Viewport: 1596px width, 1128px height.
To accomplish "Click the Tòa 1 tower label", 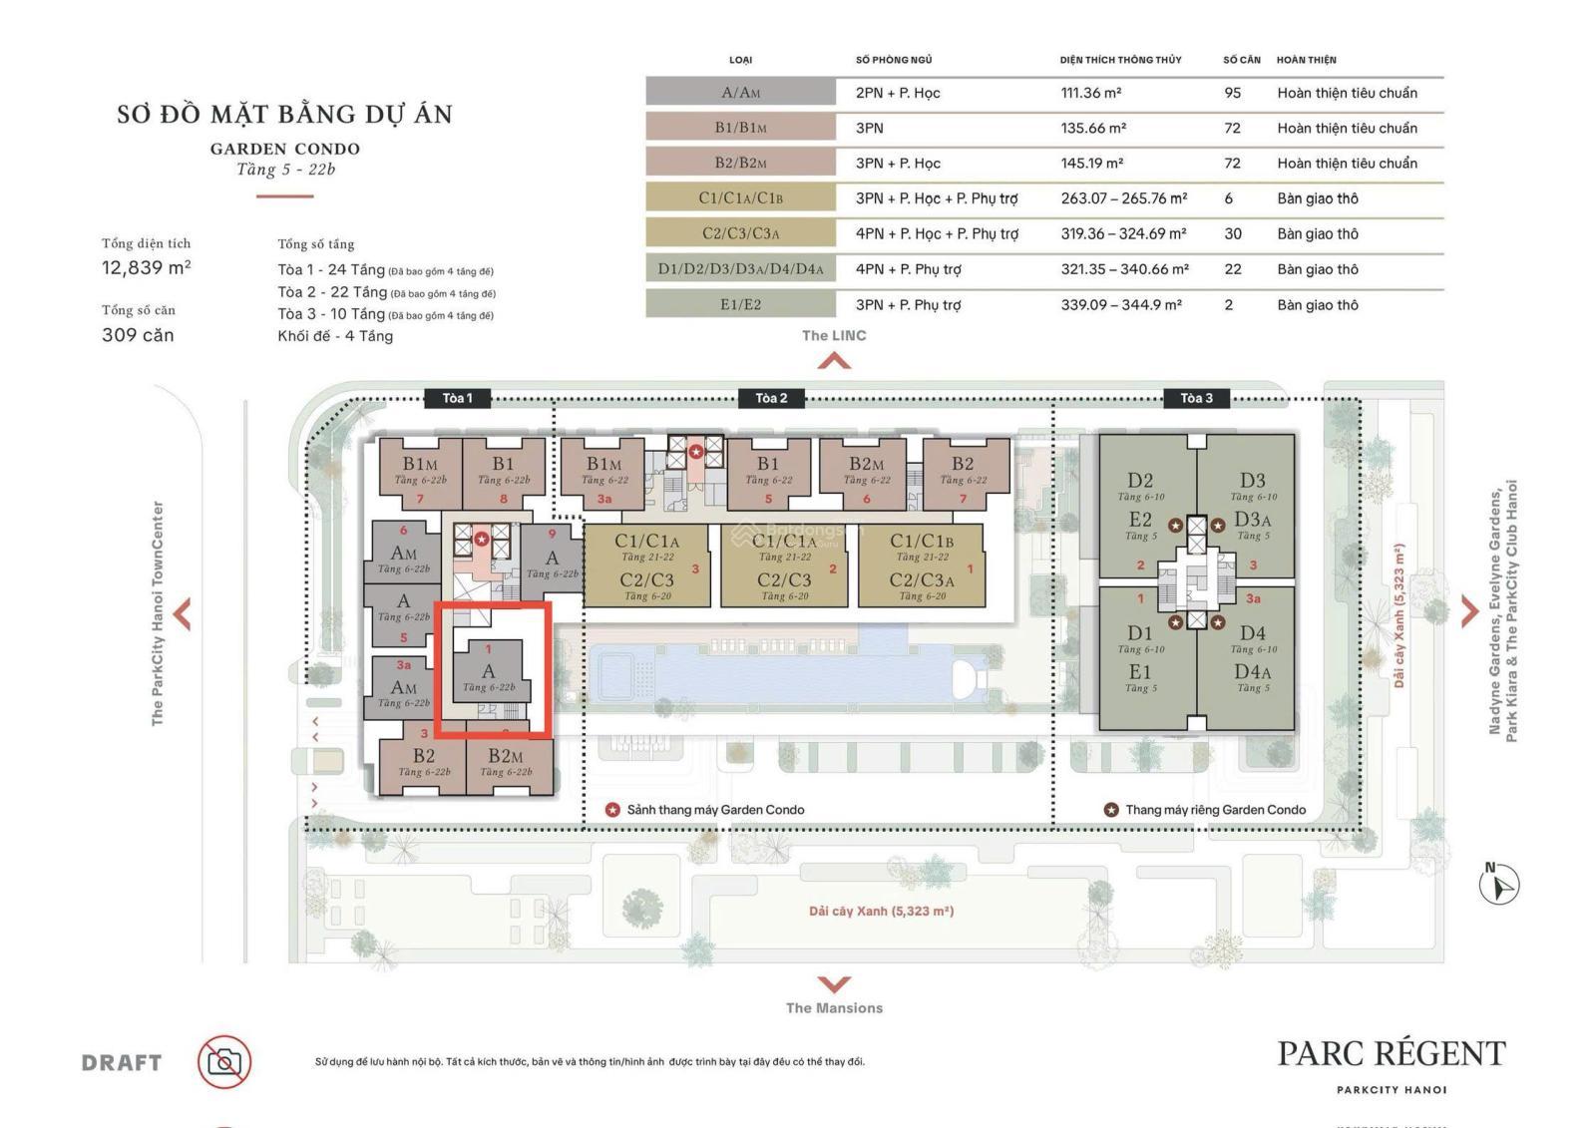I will pos(457,398).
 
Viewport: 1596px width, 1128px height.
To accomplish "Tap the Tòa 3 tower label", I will pos(1196,398).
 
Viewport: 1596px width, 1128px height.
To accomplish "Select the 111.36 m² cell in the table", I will pos(1090,93).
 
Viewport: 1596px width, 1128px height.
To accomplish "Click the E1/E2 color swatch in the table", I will pos(740,304).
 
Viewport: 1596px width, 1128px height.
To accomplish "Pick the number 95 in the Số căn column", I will pos(1233,93).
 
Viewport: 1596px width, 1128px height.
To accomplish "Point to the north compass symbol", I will pos(1498,884).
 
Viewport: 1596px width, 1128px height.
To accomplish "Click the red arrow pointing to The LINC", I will pos(834,361).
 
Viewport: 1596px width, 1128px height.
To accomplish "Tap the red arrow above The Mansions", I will pos(834,984).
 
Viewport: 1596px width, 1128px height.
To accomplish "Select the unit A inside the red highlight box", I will pos(489,671).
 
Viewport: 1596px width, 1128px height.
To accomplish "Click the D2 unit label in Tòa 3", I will pos(1140,481).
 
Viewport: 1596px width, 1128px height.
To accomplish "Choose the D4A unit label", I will pos(1252,672).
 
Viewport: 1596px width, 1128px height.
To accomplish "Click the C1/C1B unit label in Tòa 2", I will pos(921,542).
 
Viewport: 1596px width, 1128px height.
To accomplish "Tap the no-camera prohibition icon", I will pos(224,1062).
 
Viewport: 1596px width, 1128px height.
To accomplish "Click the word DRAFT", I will pos(122,1063).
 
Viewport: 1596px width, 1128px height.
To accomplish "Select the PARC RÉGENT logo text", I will pos(1392,1054).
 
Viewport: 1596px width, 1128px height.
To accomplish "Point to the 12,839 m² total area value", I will pos(147,267).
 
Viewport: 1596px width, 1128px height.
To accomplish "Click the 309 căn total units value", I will pos(138,335).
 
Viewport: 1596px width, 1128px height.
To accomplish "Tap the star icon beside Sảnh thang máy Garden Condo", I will pos(612,810).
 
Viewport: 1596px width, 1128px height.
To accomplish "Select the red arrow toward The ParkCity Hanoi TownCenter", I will pos(183,613).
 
